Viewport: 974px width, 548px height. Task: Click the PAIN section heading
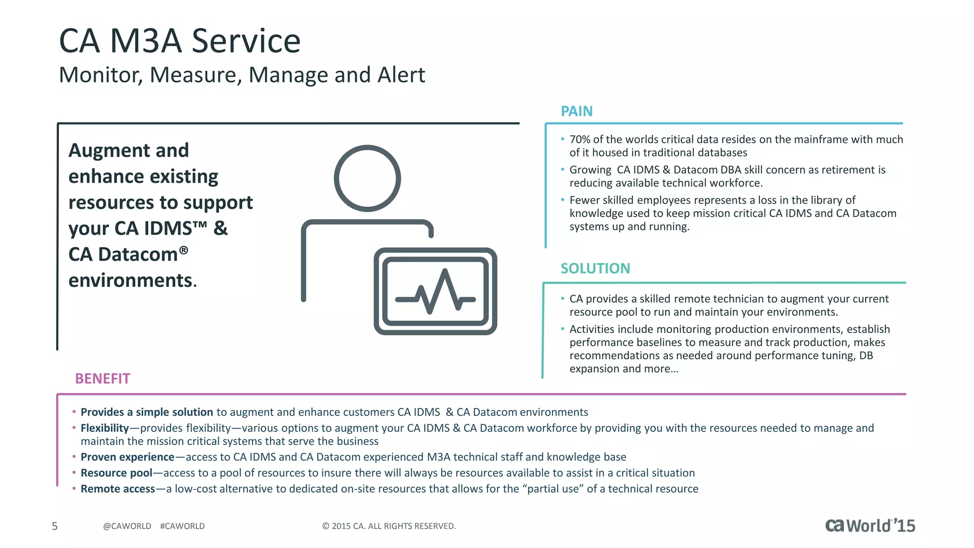tap(576, 111)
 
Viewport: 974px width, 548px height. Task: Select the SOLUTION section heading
tap(595, 269)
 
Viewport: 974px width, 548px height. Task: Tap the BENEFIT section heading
tap(102, 379)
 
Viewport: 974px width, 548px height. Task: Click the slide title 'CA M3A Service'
tap(179, 41)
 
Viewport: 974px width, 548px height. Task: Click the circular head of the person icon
tap(367, 178)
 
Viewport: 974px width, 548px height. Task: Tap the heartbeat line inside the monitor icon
tap(435, 292)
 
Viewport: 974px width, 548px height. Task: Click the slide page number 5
tap(55, 526)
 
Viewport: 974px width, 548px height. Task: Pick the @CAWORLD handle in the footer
tap(127, 526)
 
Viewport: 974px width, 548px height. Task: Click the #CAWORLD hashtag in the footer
tap(182, 526)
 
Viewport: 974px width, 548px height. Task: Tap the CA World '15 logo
tap(870, 525)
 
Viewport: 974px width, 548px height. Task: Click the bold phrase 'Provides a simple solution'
tap(146, 412)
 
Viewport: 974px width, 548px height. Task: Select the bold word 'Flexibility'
tap(105, 428)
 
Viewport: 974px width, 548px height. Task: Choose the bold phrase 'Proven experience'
tap(127, 457)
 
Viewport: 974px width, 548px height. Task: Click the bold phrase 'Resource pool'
tap(117, 473)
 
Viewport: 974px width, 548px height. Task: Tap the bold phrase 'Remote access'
tap(117, 489)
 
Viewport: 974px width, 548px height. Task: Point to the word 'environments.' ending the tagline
tap(132, 281)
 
